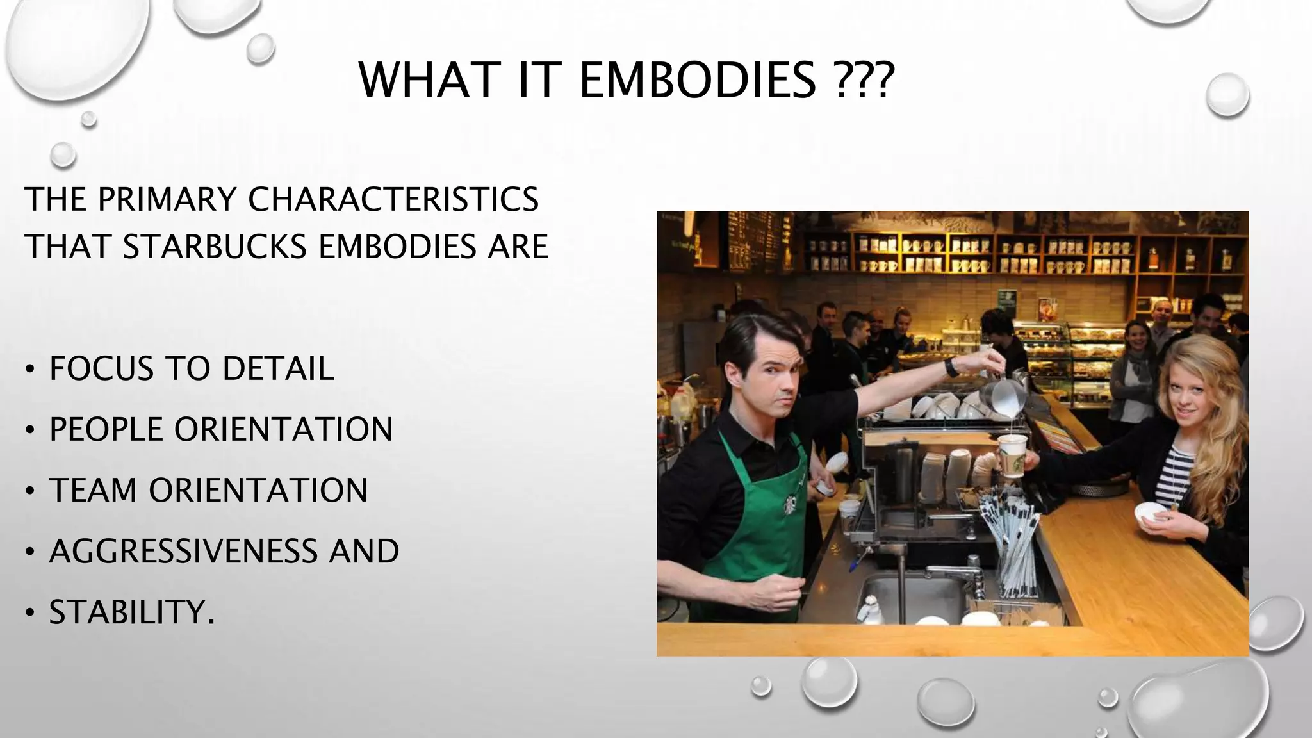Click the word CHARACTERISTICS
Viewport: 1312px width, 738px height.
pos(393,199)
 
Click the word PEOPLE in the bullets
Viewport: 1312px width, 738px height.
pos(106,430)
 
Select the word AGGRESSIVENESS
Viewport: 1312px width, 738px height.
pos(183,552)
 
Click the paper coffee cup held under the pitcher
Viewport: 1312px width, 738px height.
pos(1012,456)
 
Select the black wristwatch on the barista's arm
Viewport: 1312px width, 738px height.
pos(952,367)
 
